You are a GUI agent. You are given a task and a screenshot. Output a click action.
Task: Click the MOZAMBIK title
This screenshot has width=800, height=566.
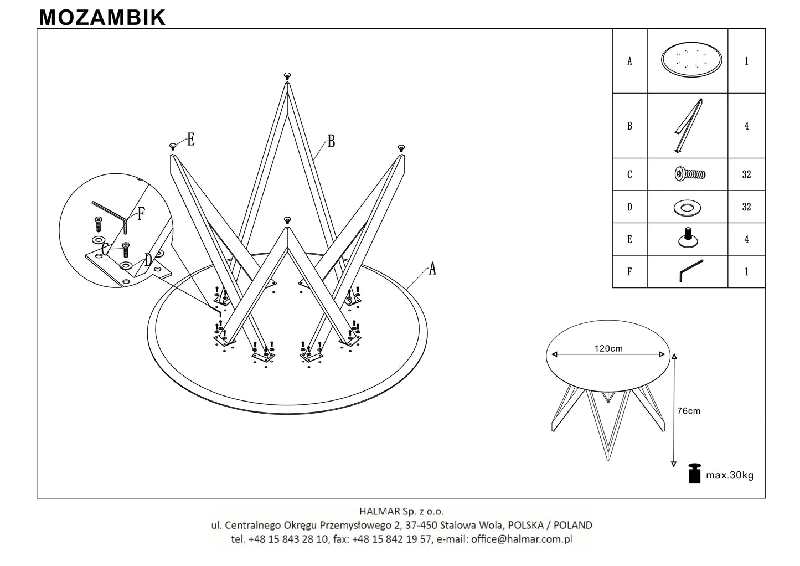[x=102, y=17]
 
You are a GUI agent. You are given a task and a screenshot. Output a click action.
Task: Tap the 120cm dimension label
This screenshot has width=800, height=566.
[x=608, y=348]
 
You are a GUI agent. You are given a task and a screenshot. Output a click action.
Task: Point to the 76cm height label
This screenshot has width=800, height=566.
[x=689, y=411]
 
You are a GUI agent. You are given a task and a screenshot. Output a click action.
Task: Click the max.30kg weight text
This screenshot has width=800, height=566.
[x=730, y=475]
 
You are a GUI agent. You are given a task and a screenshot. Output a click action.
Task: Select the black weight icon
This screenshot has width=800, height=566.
[x=694, y=474]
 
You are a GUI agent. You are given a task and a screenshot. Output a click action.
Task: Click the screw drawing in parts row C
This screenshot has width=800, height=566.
[x=690, y=174]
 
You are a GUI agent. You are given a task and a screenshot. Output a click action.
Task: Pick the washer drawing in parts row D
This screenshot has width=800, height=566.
[x=687, y=208]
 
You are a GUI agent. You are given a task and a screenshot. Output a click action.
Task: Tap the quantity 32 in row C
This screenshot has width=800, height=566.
[x=746, y=174]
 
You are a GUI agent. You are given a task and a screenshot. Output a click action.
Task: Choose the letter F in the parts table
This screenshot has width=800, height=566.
[x=629, y=271]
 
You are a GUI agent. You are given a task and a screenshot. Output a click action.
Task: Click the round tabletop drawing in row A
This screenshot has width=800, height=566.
[x=691, y=59]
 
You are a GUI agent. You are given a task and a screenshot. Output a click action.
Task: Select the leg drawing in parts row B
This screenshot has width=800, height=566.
[x=688, y=126]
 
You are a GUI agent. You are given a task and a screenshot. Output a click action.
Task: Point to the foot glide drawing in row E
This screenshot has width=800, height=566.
[x=688, y=238]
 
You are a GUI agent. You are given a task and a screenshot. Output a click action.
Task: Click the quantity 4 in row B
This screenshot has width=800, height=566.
[x=746, y=126]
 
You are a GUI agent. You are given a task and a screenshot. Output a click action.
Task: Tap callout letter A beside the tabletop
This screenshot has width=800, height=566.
[x=432, y=269]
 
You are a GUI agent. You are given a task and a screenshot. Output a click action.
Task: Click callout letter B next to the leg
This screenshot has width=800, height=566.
[x=331, y=141]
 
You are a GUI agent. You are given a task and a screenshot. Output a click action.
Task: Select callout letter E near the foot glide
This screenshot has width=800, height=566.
[x=190, y=140]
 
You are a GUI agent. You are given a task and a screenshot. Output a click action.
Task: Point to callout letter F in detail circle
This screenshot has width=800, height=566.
[x=141, y=214]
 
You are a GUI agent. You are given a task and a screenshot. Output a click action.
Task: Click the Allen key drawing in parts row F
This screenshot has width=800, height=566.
[x=691, y=270]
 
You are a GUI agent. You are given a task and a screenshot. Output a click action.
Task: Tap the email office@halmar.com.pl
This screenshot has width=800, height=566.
[x=522, y=539]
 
